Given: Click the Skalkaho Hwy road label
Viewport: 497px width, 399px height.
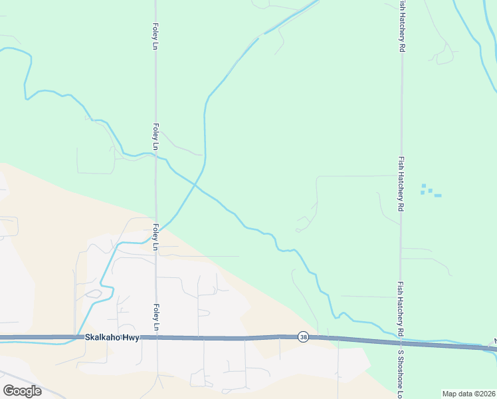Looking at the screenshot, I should point(112,338).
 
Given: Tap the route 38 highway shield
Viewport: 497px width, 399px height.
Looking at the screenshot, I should point(303,337).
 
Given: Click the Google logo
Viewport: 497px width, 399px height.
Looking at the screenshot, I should point(22,391).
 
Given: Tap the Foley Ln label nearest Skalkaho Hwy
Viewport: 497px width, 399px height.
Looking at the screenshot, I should point(155,317).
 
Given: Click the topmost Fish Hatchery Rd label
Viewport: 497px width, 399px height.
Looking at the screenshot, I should point(401,27).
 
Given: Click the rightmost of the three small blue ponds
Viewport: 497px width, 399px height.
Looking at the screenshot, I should point(438,196).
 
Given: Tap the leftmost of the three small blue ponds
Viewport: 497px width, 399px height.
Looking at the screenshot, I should point(423,193).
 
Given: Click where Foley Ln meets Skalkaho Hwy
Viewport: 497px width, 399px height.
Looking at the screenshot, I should point(157,338).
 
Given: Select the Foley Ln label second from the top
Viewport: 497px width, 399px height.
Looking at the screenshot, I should point(155,136).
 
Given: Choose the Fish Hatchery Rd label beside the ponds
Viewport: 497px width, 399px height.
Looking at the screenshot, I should point(401,185).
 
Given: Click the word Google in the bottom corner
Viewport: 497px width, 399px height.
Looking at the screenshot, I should point(22,391).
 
